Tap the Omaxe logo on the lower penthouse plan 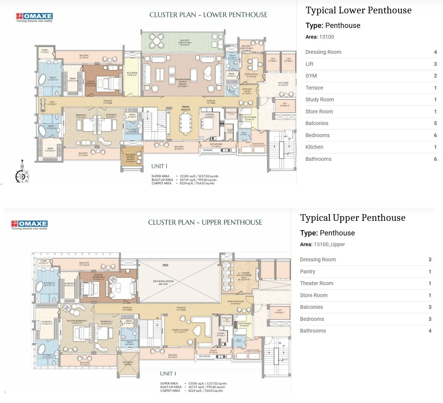pos(34,17)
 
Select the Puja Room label pos(132,74)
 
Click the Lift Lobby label pos(283,84)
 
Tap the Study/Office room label pos(251,75)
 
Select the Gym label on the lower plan pos(52,103)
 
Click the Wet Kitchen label pos(216,145)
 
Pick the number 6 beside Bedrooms pos(435,135)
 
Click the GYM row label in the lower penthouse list pos(311,76)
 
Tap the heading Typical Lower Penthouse pos(358,10)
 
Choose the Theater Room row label pos(317,283)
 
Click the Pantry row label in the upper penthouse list pos(307,271)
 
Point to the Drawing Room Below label pos(163,282)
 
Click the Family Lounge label pos(180,331)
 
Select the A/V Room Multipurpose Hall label pos(244,276)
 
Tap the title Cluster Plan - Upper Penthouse pos(205,222)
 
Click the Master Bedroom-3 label pos(77,322)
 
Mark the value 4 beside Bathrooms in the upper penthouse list pos(430,331)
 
